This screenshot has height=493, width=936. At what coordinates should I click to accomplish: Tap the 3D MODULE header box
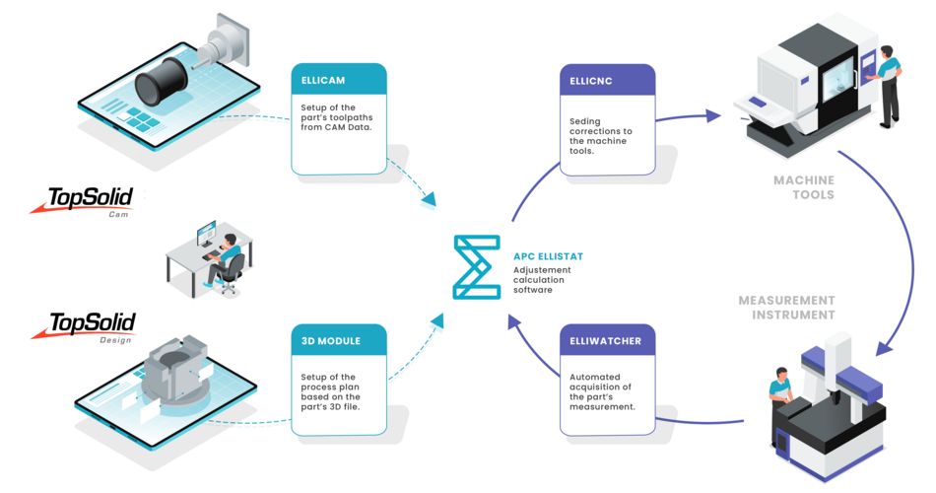(339, 341)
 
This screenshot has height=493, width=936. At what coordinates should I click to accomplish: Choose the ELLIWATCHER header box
(608, 341)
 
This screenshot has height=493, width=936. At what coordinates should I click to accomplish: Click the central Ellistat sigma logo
(476, 266)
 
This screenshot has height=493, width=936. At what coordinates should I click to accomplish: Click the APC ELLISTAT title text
(549, 256)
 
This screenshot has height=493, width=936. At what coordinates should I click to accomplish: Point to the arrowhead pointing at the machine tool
(714, 115)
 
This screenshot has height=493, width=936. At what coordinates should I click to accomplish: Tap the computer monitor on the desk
(204, 236)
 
